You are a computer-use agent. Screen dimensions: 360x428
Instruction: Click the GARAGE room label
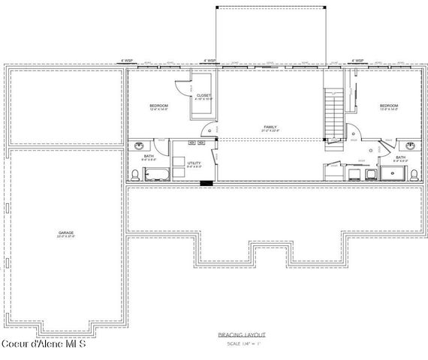66,234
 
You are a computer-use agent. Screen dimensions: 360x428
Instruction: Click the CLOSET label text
203,97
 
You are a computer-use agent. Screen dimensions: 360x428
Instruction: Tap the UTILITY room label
194,163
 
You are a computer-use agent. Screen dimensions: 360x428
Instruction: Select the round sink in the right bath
410,145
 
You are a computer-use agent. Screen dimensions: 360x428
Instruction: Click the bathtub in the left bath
157,175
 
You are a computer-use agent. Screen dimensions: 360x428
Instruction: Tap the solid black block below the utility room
206,182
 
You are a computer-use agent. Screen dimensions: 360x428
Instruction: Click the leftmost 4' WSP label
129,61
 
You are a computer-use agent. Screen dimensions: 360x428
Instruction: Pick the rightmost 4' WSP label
358,61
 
